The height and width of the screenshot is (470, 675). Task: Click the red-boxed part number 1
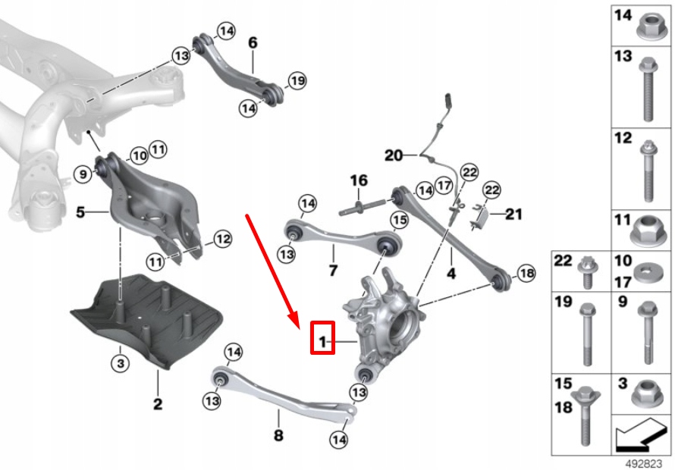[322, 343]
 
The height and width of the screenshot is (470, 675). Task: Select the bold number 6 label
[253, 42]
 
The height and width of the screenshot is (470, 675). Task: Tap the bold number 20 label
[394, 156]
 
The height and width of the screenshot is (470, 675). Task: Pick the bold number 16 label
[358, 180]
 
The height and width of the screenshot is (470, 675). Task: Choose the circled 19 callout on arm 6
[297, 80]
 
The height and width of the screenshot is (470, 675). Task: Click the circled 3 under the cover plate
[119, 364]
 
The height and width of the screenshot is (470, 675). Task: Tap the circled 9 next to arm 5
[84, 175]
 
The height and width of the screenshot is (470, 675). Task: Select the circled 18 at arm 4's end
[526, 272]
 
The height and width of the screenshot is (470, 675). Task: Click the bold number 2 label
[157, 404]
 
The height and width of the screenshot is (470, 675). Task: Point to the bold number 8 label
[278, 435]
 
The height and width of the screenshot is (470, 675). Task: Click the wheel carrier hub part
[383, 318]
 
